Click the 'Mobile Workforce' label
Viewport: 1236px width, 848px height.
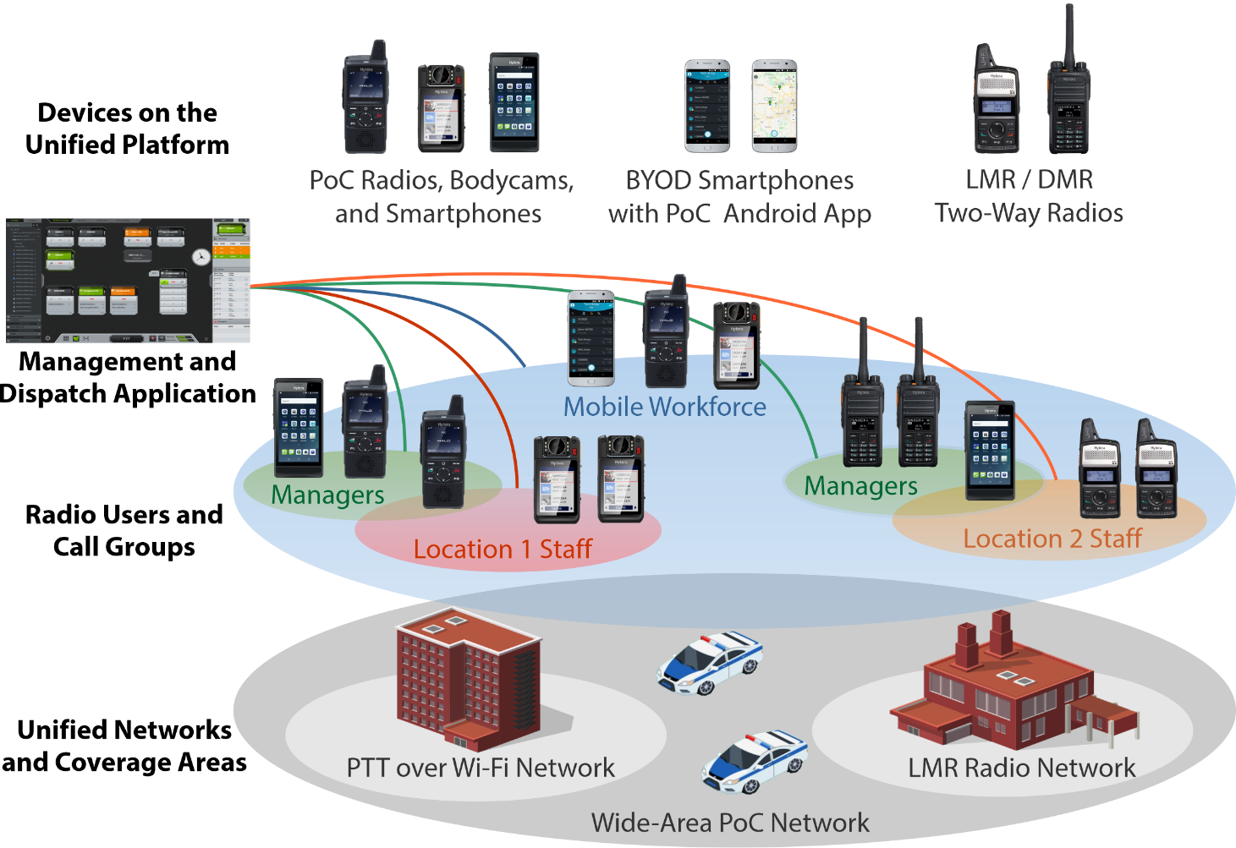pyautogui.click(x=664, y=407)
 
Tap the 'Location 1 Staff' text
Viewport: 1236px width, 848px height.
pyautogui.click(x=503, y=549)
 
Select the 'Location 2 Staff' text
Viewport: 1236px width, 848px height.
pyautogui.click(x=1052, y=539)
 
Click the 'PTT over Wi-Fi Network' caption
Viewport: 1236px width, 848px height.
pyautogui.click(x=481, y=768)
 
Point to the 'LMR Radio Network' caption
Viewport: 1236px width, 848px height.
pyautogui.click(x=1021, y=768)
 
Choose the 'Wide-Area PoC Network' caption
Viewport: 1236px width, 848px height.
pyautogui.click(x=730, y=823)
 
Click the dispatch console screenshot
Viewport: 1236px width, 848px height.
pyautogui.click(x=128, y=281)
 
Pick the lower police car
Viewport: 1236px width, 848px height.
pyautogui.click(x=755, y=762)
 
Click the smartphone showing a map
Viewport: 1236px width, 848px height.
pyautogui.click(x=774, y=107)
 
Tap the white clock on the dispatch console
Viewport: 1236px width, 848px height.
pyautogui.click(x=201, y=257)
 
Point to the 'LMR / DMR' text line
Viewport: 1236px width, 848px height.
pyautogui.click(x=1029, y=179)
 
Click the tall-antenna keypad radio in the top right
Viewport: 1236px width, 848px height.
pyautogui.click(x=1068, y=97)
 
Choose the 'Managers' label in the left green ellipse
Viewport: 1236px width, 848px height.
pyautogui.click(x=327, y=495)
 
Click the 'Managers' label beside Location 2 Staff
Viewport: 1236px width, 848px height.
pyautogui.click(x=860, y=486)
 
